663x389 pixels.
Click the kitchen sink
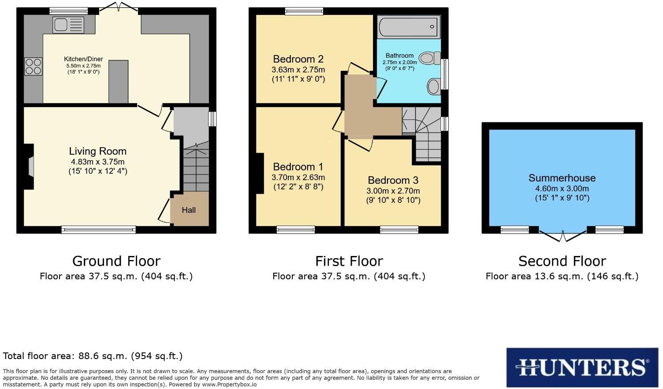pos(68,25)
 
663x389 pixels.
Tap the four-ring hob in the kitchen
pos(33,67)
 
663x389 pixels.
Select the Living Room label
pos(97,152)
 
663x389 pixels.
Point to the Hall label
pos(189,210)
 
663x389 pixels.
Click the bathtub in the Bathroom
pos(409,26)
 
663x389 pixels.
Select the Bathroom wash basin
pos(434,86)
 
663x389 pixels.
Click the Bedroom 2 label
pos(298,59)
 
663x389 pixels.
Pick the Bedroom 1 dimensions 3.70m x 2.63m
pos(298,178)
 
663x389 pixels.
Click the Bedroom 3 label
pos(393,180)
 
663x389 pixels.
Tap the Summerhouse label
pos(562,178)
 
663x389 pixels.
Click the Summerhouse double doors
pos(562,236)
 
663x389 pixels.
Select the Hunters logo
pos(582,367)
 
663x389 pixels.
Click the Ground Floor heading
pos(116,261)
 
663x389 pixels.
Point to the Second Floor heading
pos(562,261)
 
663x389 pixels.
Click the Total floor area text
pos(93,356)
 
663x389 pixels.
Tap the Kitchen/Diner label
pos(83,59)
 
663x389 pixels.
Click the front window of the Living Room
pos(98,229)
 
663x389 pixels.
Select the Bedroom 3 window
pos(399,229)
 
